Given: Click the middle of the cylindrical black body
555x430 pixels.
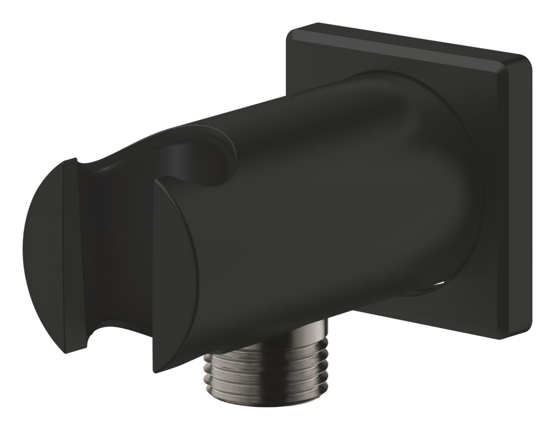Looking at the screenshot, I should click(333, 211).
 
